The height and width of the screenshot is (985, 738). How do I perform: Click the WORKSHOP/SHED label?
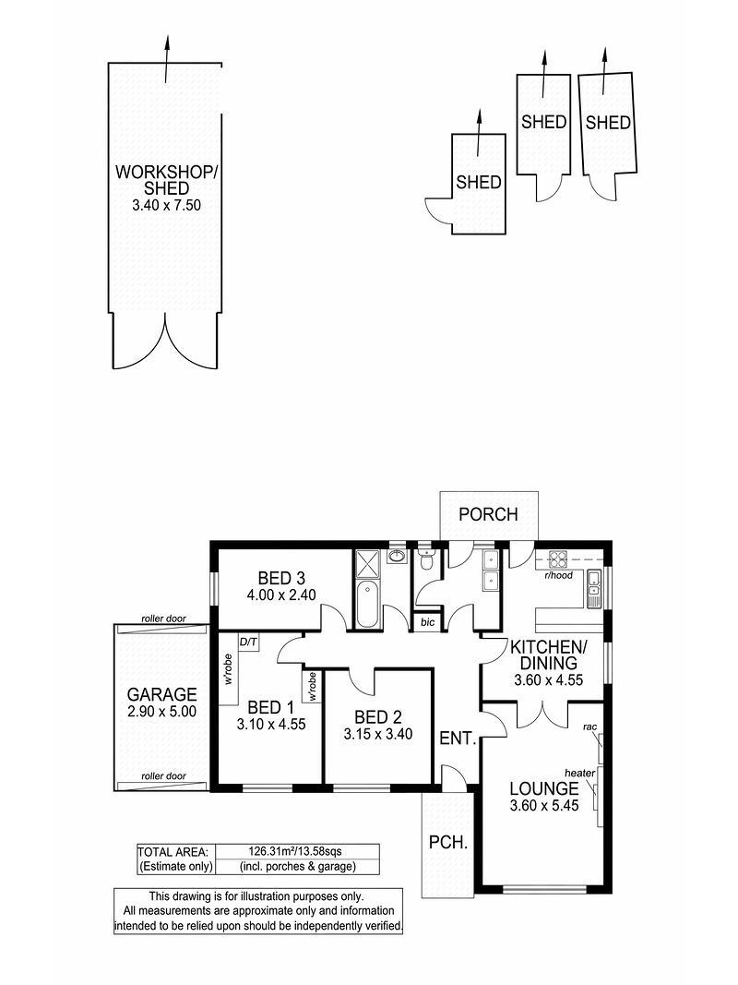(166, 180)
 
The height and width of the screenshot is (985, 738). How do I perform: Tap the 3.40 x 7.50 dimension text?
(166, 205)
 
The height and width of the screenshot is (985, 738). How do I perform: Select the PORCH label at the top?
(488, 514)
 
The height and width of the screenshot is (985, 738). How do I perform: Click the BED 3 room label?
(281, 577)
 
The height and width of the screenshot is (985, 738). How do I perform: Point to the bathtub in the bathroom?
(367, 604)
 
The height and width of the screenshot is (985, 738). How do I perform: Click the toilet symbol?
(427, 559)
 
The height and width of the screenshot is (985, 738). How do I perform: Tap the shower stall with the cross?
(367, 563)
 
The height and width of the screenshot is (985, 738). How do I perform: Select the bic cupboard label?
(427, 622)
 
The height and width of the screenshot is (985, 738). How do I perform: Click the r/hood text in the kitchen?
(558, 575)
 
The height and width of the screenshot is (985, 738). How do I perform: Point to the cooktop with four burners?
(558, 559)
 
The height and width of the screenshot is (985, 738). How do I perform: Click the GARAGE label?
(162, 694)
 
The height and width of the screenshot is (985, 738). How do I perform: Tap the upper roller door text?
(163, 619)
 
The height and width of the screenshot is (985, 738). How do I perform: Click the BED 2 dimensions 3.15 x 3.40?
(378, 734)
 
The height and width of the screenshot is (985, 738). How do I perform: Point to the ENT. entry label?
(458, 739)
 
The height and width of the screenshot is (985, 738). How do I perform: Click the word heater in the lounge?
(579, 773)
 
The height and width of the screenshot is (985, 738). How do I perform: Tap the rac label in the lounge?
(589, 727)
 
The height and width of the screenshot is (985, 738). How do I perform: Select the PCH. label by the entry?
(448, 842)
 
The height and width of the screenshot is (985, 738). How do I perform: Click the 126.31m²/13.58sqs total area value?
(295, 852)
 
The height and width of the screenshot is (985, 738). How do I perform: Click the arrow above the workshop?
(167, 59)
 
